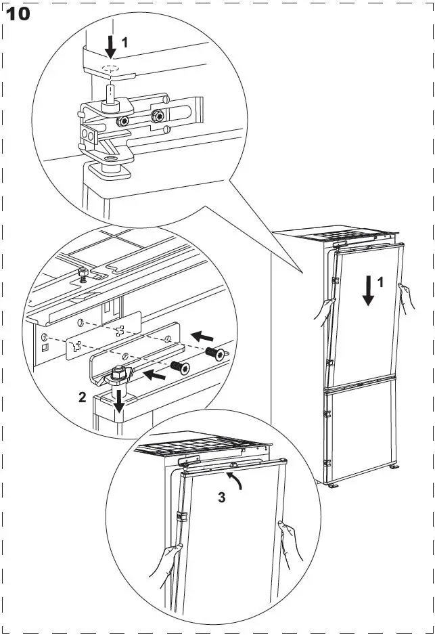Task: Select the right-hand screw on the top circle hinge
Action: click(x=159, y=116)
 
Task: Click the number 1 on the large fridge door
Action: click(x=381, y=283)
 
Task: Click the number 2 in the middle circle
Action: click(x=82, y=397)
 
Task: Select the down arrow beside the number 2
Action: click(x=119, y=401)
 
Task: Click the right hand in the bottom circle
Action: click(x=290, y=542)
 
